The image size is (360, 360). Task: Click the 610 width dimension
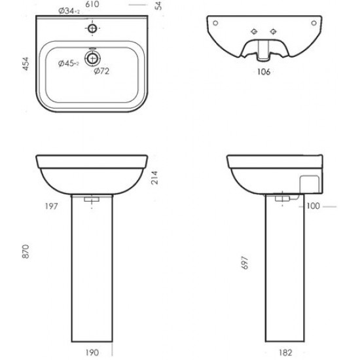tap(92, 4)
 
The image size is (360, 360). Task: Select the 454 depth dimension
tap(26, 64)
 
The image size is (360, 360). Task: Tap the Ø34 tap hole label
tap(69, 10)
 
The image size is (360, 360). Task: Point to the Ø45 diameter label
tap(69, 63)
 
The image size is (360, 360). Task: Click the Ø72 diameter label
tap(101, 71)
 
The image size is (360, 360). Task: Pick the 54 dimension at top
tap(158, 6)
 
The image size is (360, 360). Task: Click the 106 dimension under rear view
tap(264, 72)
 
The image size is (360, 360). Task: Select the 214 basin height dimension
tap(154, 177)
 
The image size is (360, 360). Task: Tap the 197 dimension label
tap(51, 206)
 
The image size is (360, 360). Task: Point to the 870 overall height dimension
tap(26, 251)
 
